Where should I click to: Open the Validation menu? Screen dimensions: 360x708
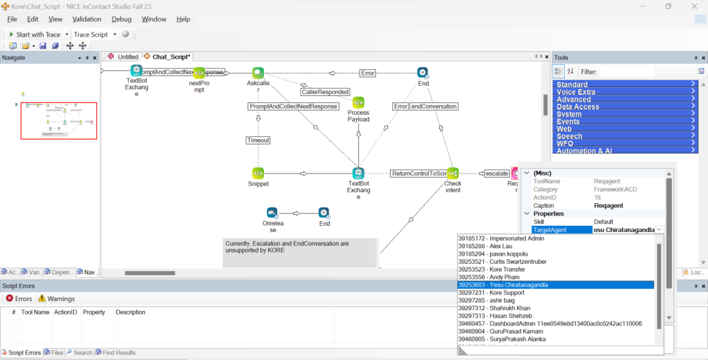tap(86, 19)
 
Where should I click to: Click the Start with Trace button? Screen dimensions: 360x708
tap(34, 35)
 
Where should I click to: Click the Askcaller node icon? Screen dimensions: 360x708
tap(258, 73)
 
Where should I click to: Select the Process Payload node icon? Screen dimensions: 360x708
tap(358, 102)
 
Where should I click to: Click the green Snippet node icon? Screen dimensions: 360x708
tap(258, 173)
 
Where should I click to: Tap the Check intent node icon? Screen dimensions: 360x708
tap(453, 173)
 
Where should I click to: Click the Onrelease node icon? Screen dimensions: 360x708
tap(272, 213)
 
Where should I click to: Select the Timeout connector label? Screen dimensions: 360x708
tap(258, 140)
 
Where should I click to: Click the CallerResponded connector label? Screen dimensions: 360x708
tap(325, 91)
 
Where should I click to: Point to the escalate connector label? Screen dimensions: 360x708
tap(496, 173)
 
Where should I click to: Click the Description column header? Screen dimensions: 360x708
tap(130, 312)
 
